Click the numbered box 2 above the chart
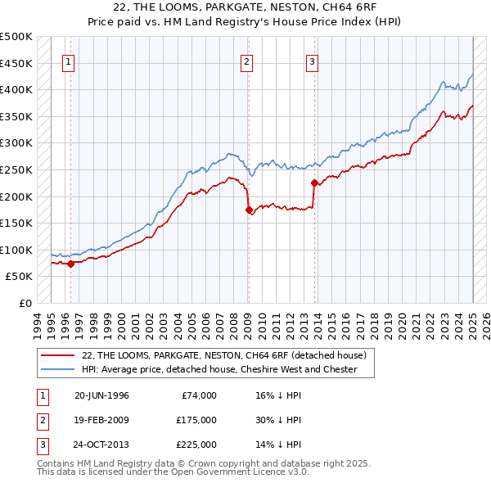click(247, 61)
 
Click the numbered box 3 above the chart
click(312, 61)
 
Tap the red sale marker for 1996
click(70, 264)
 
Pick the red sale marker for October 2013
click(314, 183)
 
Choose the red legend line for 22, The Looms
click(58, 354)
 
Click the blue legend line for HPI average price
click(58, 369)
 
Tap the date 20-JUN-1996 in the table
click(101, 395)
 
